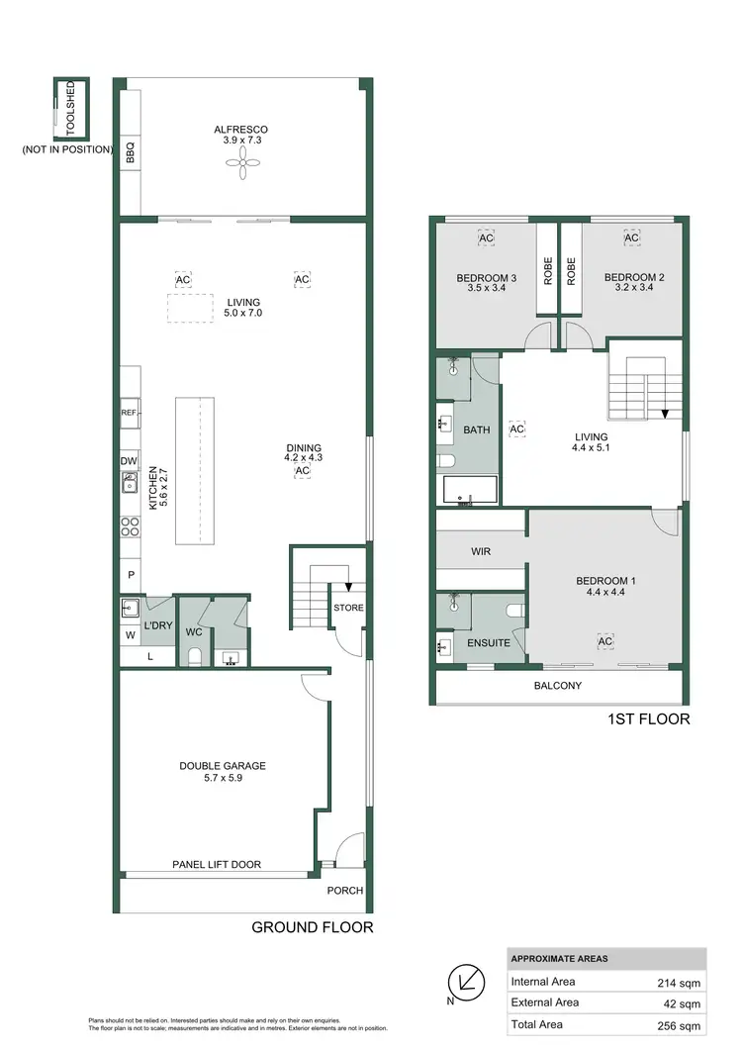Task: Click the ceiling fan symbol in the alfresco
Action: tap(243, 163)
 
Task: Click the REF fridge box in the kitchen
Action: tap(130, 413)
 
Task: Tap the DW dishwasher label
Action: tap(129, 460)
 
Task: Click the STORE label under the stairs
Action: tap(347, 608)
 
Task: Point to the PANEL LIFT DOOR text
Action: tap(217, 864)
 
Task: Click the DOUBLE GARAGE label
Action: tap(222, 765)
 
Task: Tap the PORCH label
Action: tap(345, 890)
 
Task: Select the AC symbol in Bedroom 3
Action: tap(486, 239)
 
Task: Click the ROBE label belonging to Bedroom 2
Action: tap(571, 271)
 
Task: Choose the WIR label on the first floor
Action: tap(481, 551)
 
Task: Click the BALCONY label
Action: tap(557, 685)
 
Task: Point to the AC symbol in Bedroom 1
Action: tap(604, 642)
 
